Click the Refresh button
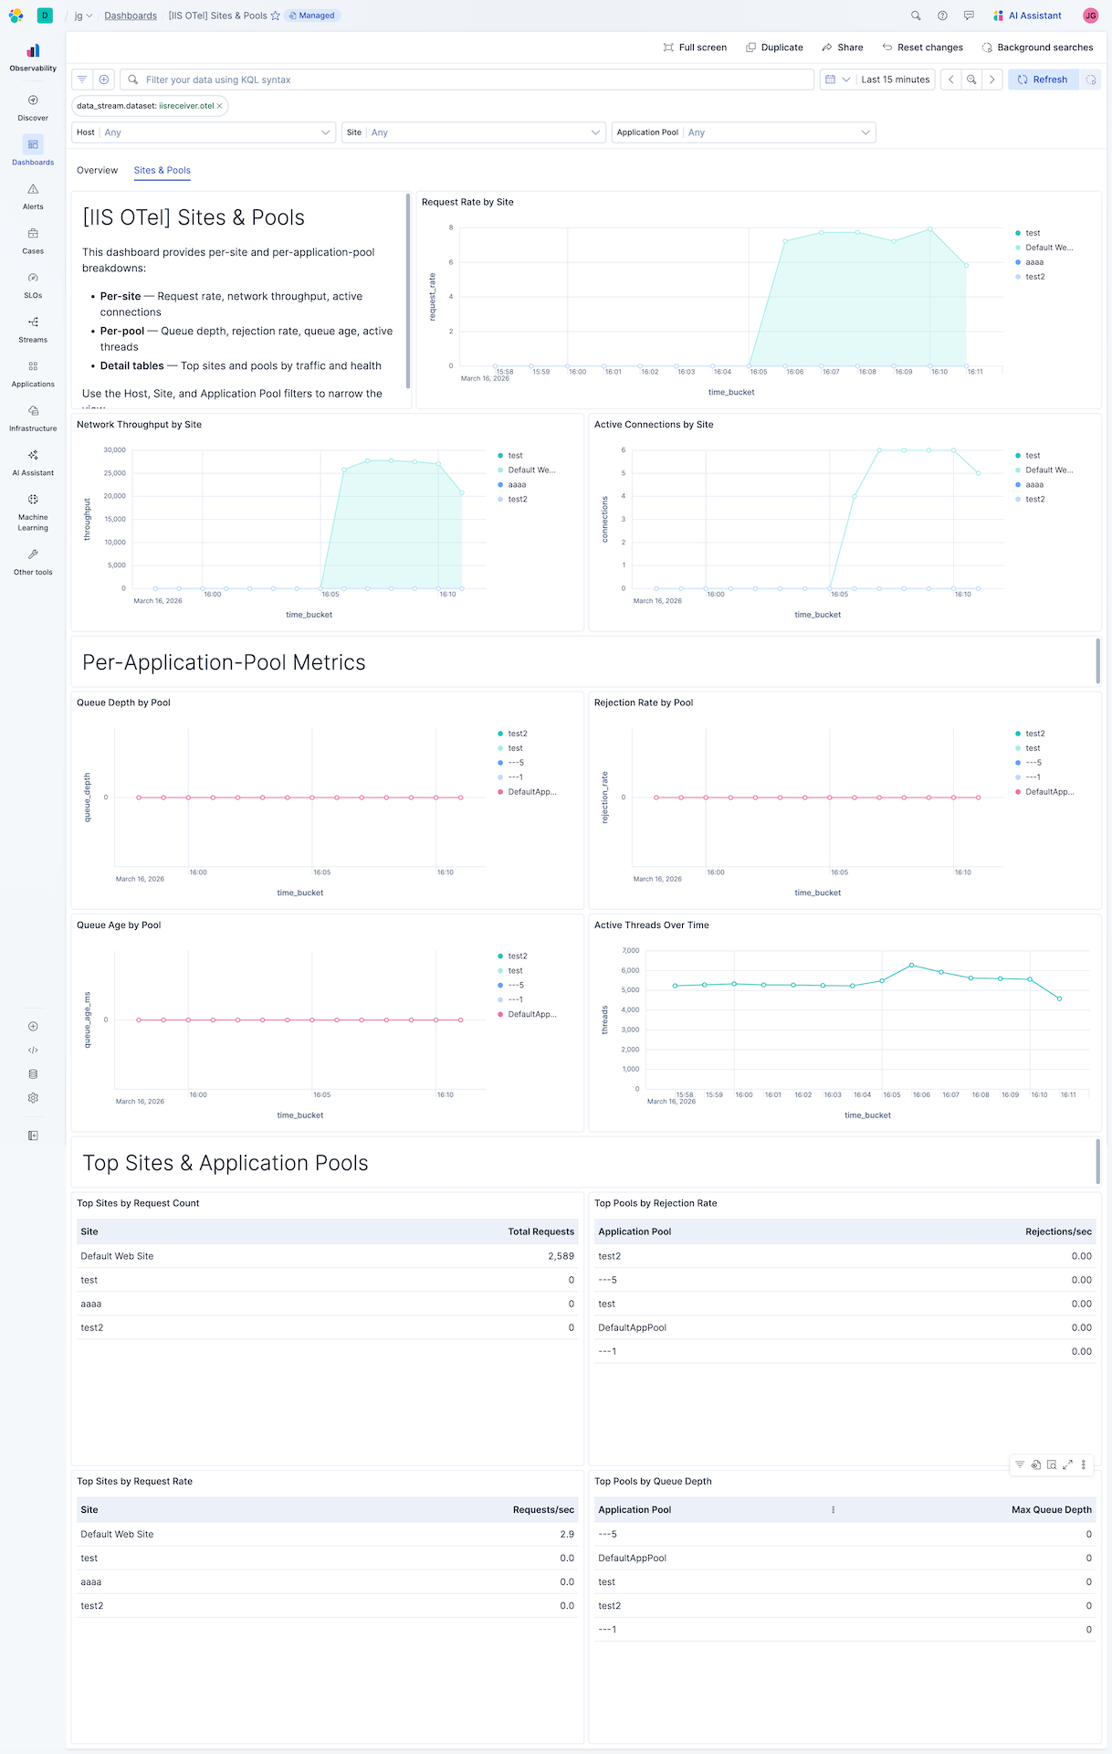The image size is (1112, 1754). pos(1043,79)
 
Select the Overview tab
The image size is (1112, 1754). pos(97,170)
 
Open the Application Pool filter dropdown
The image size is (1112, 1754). pos(743,132)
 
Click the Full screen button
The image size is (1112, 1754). pos(695,48)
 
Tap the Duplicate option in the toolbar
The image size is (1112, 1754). pos(774,48)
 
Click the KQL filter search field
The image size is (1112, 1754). pos(466,79)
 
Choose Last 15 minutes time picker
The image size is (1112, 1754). pos(895,79)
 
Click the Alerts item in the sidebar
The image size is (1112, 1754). pos(33,195)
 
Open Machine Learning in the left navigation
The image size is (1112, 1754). pos(33,512)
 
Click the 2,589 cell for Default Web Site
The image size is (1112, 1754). pos(561,1256)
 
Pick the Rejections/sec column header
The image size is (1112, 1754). pos(1057,1231)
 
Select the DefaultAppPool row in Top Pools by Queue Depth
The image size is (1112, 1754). pos(632,1558)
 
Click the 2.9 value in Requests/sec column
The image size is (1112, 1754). pos(567,1534)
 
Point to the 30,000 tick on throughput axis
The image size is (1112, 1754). pos(114,450)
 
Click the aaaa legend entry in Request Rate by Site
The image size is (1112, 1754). pos(1033,262)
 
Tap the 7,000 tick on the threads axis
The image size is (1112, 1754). pos(630,951)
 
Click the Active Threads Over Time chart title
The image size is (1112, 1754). pos(651,925)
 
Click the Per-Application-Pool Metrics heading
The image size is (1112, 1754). pos(224,662)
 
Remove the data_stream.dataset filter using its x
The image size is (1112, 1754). pos(219,106)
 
